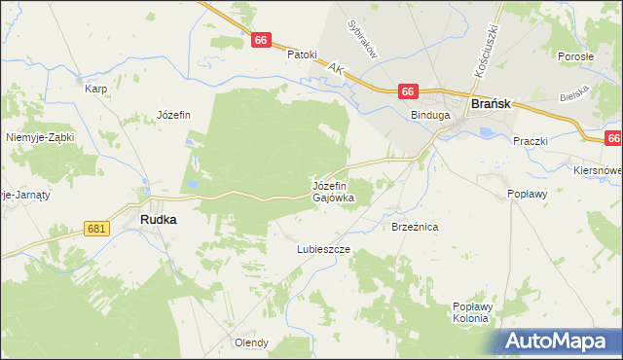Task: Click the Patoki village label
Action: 302,54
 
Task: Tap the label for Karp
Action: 95,89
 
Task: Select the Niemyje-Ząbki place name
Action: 40,137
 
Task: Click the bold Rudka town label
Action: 159,220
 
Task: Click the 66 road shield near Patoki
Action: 260,40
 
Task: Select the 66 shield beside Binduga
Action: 408,91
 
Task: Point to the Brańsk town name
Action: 493,102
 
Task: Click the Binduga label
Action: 429,115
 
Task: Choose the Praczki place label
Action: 531,140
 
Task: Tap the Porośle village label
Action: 576,56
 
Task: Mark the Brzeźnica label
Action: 416,226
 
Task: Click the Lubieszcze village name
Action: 323,249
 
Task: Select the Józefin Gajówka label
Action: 333,191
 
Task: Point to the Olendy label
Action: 251,342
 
